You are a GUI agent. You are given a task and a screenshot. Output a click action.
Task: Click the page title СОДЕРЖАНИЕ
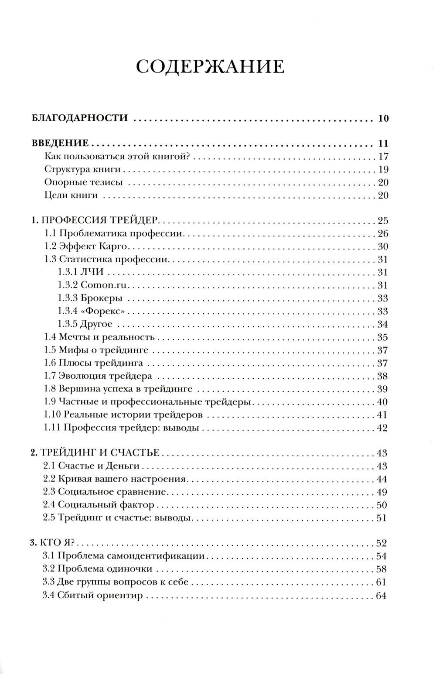(x=210, y=67)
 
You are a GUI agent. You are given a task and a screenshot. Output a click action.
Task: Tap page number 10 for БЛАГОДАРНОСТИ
(x=383, y=118)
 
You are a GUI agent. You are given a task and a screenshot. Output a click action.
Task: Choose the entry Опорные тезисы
(x=84, y=182)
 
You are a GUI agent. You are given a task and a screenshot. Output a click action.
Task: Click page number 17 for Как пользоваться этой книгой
(x=383, y=157)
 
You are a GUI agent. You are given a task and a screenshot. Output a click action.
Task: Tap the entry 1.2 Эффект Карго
(x=85, y=246)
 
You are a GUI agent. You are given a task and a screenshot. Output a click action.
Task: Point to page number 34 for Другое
(x=382, y=324)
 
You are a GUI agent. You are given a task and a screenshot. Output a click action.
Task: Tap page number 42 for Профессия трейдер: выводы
(x=382, y=428)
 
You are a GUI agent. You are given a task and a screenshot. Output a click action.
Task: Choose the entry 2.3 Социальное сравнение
(x=105, y=492)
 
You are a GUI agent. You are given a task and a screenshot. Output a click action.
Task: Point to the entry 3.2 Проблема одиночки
(x=98, y=569)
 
